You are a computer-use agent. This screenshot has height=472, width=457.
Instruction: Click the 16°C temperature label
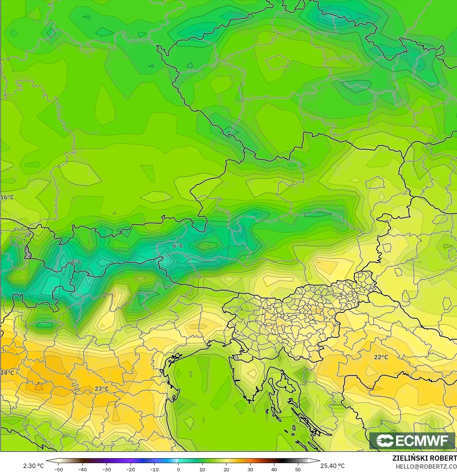coord(7,197)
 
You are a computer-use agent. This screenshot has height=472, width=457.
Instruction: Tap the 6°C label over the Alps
coord(178,245)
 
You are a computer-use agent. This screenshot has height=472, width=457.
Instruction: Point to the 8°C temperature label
coord(77,261)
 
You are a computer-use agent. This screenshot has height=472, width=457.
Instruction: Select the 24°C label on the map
coord(7,373)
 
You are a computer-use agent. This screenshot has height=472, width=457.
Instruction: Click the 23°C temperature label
coord(102,389)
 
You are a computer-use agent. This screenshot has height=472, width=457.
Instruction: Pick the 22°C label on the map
coord(381,357)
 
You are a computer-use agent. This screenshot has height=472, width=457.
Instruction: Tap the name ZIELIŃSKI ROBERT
coord(424,458)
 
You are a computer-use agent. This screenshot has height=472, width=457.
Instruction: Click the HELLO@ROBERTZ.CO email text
coord(426,466)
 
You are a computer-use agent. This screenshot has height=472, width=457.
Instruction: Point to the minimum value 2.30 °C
coord(33,466)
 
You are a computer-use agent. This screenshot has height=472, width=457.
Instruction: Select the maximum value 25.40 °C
coord(332,466)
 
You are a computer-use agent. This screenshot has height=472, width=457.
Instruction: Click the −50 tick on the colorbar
coord(58,469)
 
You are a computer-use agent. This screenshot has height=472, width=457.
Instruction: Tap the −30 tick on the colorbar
coord(106,469)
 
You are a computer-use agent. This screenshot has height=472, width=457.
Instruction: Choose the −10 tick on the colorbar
coord(154,469)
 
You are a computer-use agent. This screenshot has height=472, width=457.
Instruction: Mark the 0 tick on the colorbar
coord(178,469)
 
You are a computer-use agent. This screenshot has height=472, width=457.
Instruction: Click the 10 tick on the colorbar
coord(202,469)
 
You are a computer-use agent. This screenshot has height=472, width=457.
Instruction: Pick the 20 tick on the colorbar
coord(226,469)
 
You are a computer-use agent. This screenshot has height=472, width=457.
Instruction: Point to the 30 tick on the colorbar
coord(250,469)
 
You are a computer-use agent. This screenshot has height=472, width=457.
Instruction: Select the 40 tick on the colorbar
coord(274,469)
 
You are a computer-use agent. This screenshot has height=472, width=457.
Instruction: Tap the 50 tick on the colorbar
coord(298,469)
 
